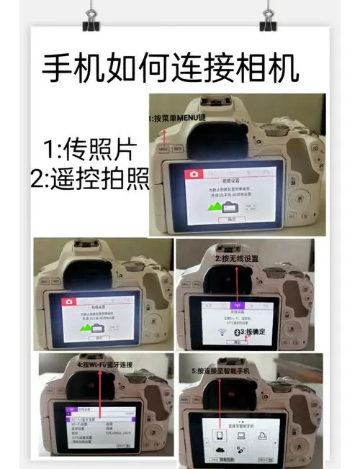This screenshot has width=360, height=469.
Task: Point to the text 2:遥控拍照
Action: (x=88, y=179)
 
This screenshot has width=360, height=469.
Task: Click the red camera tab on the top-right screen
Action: (x=193, y=174)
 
